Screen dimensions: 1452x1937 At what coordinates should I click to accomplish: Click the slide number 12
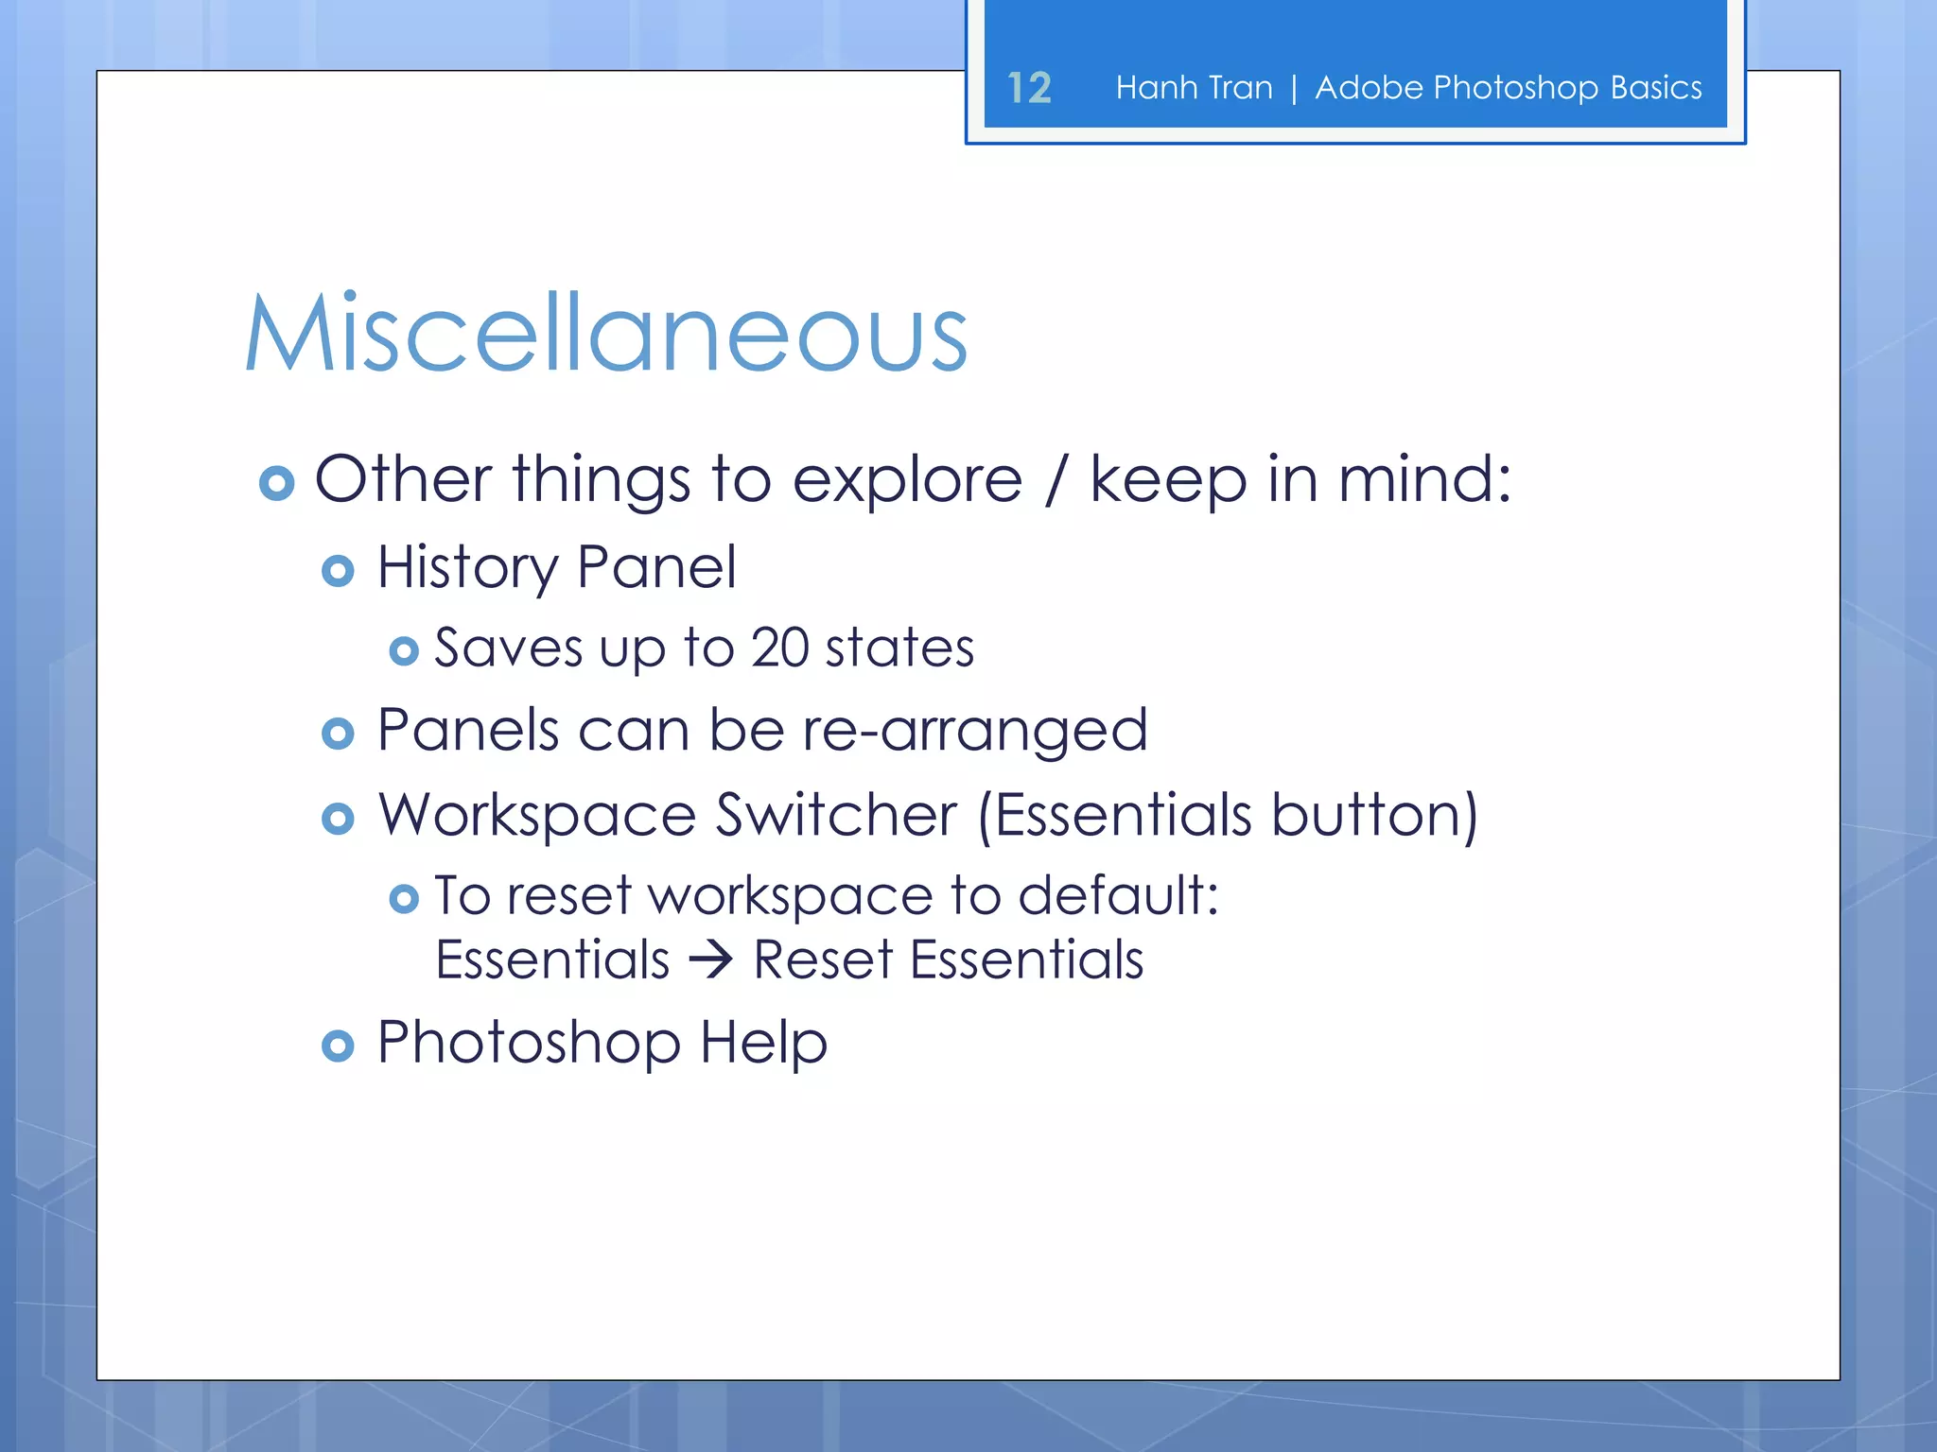coord(1029,88)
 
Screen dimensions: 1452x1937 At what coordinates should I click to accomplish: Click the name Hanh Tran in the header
coord(1194,88)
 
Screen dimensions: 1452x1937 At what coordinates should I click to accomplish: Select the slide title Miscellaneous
coord(606,334)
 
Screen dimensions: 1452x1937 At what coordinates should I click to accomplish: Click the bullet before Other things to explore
coord(276,483)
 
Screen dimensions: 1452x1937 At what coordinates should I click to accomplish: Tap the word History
coord(467,569)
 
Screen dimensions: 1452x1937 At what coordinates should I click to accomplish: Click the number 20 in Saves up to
coord(780,648)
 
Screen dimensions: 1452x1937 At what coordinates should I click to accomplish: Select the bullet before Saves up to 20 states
coord(404,651)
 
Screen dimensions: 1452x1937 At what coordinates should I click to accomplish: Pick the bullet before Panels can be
coord(338,734)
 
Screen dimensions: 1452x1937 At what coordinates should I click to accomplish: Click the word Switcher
coord(836,815)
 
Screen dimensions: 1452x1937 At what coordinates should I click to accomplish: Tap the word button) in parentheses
coord(1374,815)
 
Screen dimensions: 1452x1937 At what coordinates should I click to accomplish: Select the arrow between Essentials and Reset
coord(711,960)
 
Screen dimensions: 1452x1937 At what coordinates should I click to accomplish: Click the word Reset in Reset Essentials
coord(823,960)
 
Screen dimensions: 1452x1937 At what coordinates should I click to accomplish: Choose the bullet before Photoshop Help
coord(338,1046)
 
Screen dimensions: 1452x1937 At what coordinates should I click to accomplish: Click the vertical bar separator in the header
coord(1294,89)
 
